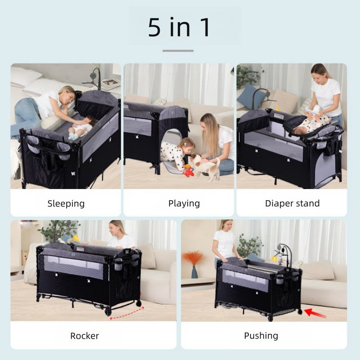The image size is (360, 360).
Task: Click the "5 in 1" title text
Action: [179, 27]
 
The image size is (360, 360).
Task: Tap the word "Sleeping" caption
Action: [66, 204]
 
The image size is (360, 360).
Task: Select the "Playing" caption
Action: [184, 203]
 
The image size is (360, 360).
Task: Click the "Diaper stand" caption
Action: [292, 203]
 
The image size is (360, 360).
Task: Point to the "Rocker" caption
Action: [85, 336]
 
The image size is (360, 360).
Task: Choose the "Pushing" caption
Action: [261, 336]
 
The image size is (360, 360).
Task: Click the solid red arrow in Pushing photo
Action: [315, 313]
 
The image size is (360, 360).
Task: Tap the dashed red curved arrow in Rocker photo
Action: [127, 313]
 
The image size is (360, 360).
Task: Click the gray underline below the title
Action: [178, 51]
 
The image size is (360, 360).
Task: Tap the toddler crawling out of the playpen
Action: [177, 153]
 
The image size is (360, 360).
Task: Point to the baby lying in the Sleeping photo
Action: [81, 129]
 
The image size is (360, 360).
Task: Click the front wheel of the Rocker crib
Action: [108, 312]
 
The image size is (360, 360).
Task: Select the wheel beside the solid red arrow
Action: [300, 311]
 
